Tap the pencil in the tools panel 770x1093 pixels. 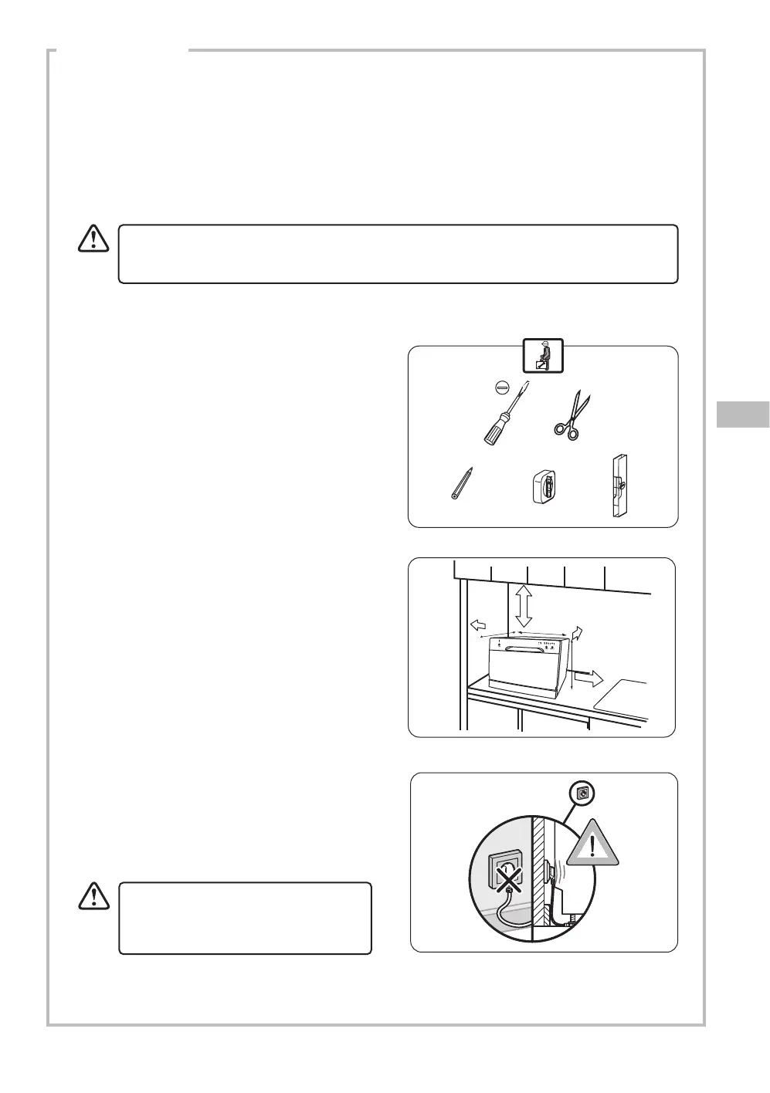point(460,483)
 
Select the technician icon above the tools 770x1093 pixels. point(543,356)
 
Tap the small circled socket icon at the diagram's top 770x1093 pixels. point(583,792)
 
